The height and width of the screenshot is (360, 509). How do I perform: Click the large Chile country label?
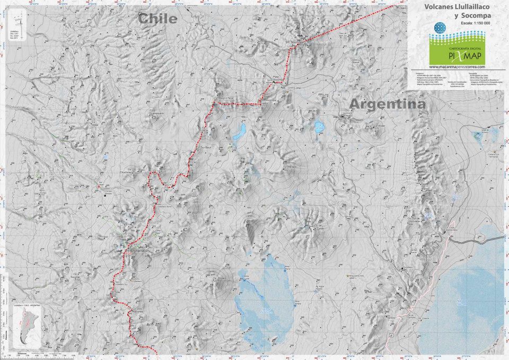(x=157, y=19)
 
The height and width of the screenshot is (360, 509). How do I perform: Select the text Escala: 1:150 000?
(x=464, y=24)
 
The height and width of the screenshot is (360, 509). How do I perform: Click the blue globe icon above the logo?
(x=439, y=28)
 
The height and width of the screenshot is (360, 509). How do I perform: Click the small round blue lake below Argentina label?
(x=319, y=126)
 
